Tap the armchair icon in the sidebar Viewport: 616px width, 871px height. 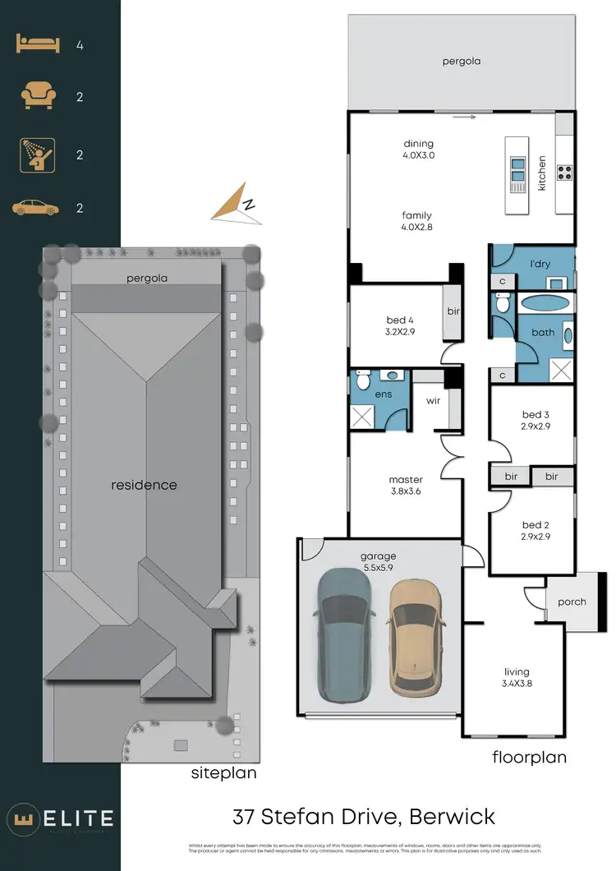[x=39, y=97]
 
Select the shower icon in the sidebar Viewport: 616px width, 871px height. [x=38, y=154]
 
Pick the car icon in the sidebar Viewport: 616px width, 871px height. [x=36, y=208]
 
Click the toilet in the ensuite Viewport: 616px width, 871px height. [x=364, y=380]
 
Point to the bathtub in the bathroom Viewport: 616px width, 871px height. [x=544, y=302]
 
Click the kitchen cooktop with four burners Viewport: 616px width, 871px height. [x=565, y=173]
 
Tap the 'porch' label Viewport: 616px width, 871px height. [x=572, y=601]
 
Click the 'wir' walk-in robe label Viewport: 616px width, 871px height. [x=433, y=402]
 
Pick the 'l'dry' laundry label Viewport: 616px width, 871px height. [x=540, y=265]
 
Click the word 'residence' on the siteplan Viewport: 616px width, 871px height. [x=144, y=485]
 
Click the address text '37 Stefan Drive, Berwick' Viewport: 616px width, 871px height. [x=364, y=817]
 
